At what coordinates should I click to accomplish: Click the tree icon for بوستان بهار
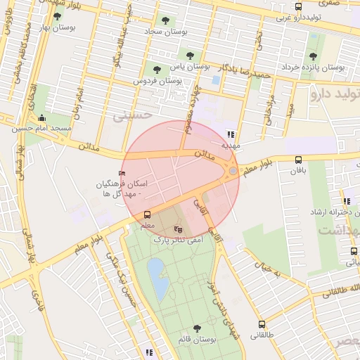tap(57, 15)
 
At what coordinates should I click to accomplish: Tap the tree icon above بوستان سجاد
tap(165, 21)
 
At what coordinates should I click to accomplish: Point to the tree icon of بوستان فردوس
tap(157, 70)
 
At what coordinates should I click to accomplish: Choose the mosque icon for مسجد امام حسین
tap(41, 118)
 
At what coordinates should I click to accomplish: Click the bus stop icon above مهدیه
tap(231, 134)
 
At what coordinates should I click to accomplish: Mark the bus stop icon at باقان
tap(299, 160)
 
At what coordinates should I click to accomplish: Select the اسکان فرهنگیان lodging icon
tap(122, 172)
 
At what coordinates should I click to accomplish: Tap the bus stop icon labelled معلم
tap(147, 214)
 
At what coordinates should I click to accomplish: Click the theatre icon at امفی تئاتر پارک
tap(178, 229)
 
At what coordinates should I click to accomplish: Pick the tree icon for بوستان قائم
tap(196, 328)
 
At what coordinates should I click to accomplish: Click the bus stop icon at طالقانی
tap(262, 325)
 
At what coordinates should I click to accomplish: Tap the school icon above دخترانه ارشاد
tap(347, 201)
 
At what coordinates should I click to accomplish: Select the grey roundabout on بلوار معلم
tap(233, 170)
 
